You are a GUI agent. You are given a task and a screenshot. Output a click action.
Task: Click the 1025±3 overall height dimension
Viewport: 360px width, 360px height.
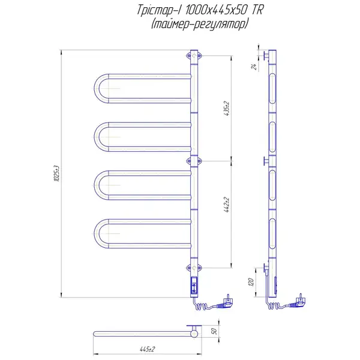pos(57,173)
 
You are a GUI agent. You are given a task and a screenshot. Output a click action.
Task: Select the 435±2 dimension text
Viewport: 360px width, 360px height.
pos(227,108)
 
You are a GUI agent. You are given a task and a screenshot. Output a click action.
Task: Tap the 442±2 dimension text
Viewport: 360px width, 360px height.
pos(227,205)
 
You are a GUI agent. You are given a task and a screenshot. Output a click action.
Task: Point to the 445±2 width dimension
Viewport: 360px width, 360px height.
pos(147,349)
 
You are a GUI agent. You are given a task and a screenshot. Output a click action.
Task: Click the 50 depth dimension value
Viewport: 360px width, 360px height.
pos(214,331)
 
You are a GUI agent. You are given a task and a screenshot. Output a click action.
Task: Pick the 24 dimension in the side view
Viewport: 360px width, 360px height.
pos(254,67)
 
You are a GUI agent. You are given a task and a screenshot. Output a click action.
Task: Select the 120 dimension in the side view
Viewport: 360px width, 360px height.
pos(251,282)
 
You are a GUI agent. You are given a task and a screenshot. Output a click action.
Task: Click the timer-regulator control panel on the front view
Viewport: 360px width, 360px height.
pos(194,285)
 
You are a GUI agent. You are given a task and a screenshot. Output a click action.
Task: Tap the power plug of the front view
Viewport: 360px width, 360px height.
pos(226,303)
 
